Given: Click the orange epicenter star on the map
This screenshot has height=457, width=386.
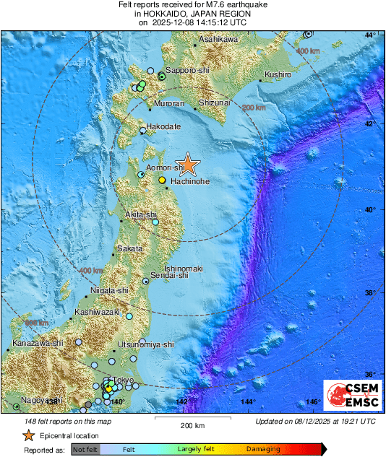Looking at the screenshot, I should (x=187, y=165).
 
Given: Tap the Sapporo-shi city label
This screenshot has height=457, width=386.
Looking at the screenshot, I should (x=186, y=71).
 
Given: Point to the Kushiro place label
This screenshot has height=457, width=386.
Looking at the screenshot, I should (x=278, y=74).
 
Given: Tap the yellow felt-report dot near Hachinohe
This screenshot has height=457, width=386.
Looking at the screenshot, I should (x=163, y=179).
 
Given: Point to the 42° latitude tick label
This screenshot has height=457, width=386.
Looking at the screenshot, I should (x=370, y=125).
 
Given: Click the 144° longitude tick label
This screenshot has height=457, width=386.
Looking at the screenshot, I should (x=248, y=401).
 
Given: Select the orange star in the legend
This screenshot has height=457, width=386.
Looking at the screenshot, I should (x=28, y=435).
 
